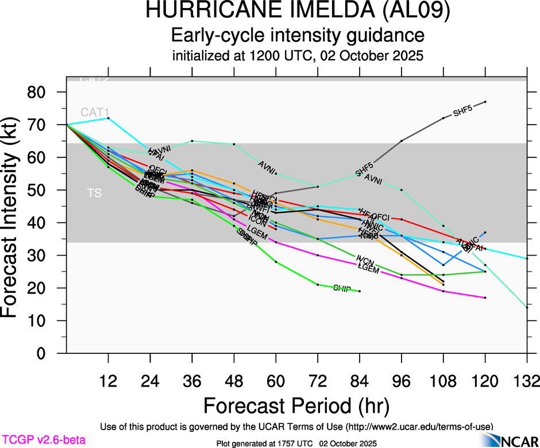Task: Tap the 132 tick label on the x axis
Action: click(x=526, y=381)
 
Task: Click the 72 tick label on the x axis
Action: click(x=318, y=381)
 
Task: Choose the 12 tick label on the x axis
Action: click(x=108, y=381)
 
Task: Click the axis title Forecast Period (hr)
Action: click(x=297, y=405)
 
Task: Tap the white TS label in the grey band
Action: click(x=94, y=194)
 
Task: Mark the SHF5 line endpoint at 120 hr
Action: click(x=485, y=102)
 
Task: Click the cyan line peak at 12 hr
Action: click(x=109, y=118)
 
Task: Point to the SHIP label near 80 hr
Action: click(x=342, y=288)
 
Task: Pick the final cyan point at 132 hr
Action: click(x=527, y=258)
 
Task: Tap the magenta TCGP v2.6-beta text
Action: click(x=43, y=440)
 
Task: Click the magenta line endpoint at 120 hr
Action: click(x=485, y=298)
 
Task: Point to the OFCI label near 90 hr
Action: click(x=380, y=218)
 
